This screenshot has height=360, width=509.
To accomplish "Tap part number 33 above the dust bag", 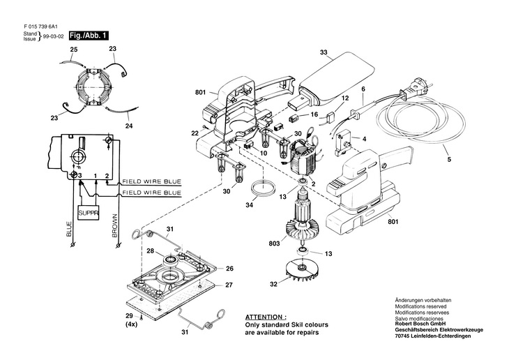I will (x=324, y=52).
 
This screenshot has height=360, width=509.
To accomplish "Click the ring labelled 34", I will (x=263, y=188).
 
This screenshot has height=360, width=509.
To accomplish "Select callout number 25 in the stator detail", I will (x=74, y=49).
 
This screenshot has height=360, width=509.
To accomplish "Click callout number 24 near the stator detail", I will (x=128, y=127).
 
